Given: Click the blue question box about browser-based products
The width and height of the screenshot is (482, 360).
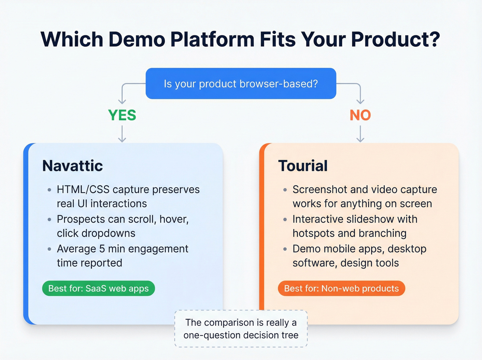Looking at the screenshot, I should point(241,84).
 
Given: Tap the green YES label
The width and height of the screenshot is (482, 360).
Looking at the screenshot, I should point(122,115).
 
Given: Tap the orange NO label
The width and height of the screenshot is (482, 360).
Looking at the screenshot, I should point(360,115).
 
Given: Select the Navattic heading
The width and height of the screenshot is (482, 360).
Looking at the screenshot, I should point(73,166).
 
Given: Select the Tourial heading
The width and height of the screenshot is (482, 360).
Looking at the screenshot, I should point(303,166).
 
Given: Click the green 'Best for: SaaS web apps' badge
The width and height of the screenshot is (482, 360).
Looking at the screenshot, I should point(98,288).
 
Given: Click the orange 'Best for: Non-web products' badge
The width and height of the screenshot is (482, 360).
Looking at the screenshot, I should point(341,288).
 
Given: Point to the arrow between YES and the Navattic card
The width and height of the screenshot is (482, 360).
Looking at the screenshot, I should point(122,134).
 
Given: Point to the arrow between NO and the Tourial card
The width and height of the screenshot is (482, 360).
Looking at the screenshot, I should point(360,134).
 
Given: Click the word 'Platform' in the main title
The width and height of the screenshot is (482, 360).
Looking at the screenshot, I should point(212,39).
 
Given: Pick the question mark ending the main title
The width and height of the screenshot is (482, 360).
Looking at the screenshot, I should point(434,39).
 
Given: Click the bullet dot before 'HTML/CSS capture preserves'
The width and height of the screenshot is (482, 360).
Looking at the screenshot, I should point(50,190).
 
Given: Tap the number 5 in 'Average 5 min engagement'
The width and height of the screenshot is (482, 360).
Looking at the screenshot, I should point(102,249).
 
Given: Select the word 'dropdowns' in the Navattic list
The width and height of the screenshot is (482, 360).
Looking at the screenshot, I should point(108,233).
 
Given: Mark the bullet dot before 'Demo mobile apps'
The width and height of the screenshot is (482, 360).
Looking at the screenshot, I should point(285,249).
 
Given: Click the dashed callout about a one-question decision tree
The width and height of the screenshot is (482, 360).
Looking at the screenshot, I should point(241,329).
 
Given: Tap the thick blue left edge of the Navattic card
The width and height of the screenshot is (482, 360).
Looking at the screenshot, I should point(26,234).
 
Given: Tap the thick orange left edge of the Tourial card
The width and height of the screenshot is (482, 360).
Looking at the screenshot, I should point(262,234).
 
